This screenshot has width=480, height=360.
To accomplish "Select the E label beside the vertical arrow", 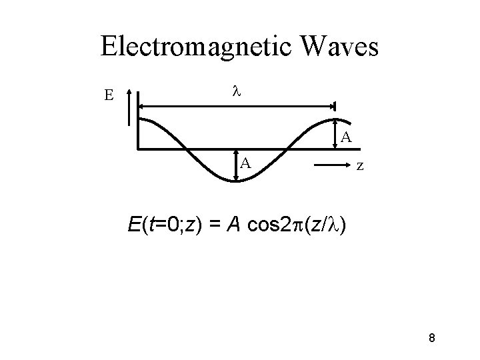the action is pos(108,95).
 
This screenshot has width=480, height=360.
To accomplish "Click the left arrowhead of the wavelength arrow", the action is pos(141,104).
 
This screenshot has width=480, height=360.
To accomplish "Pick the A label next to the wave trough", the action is pos(246,163).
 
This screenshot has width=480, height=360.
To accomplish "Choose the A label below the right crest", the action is pos(346,138).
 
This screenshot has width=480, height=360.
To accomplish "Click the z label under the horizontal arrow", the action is pos(359,165).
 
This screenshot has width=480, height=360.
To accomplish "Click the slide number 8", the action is pos(431,339).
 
